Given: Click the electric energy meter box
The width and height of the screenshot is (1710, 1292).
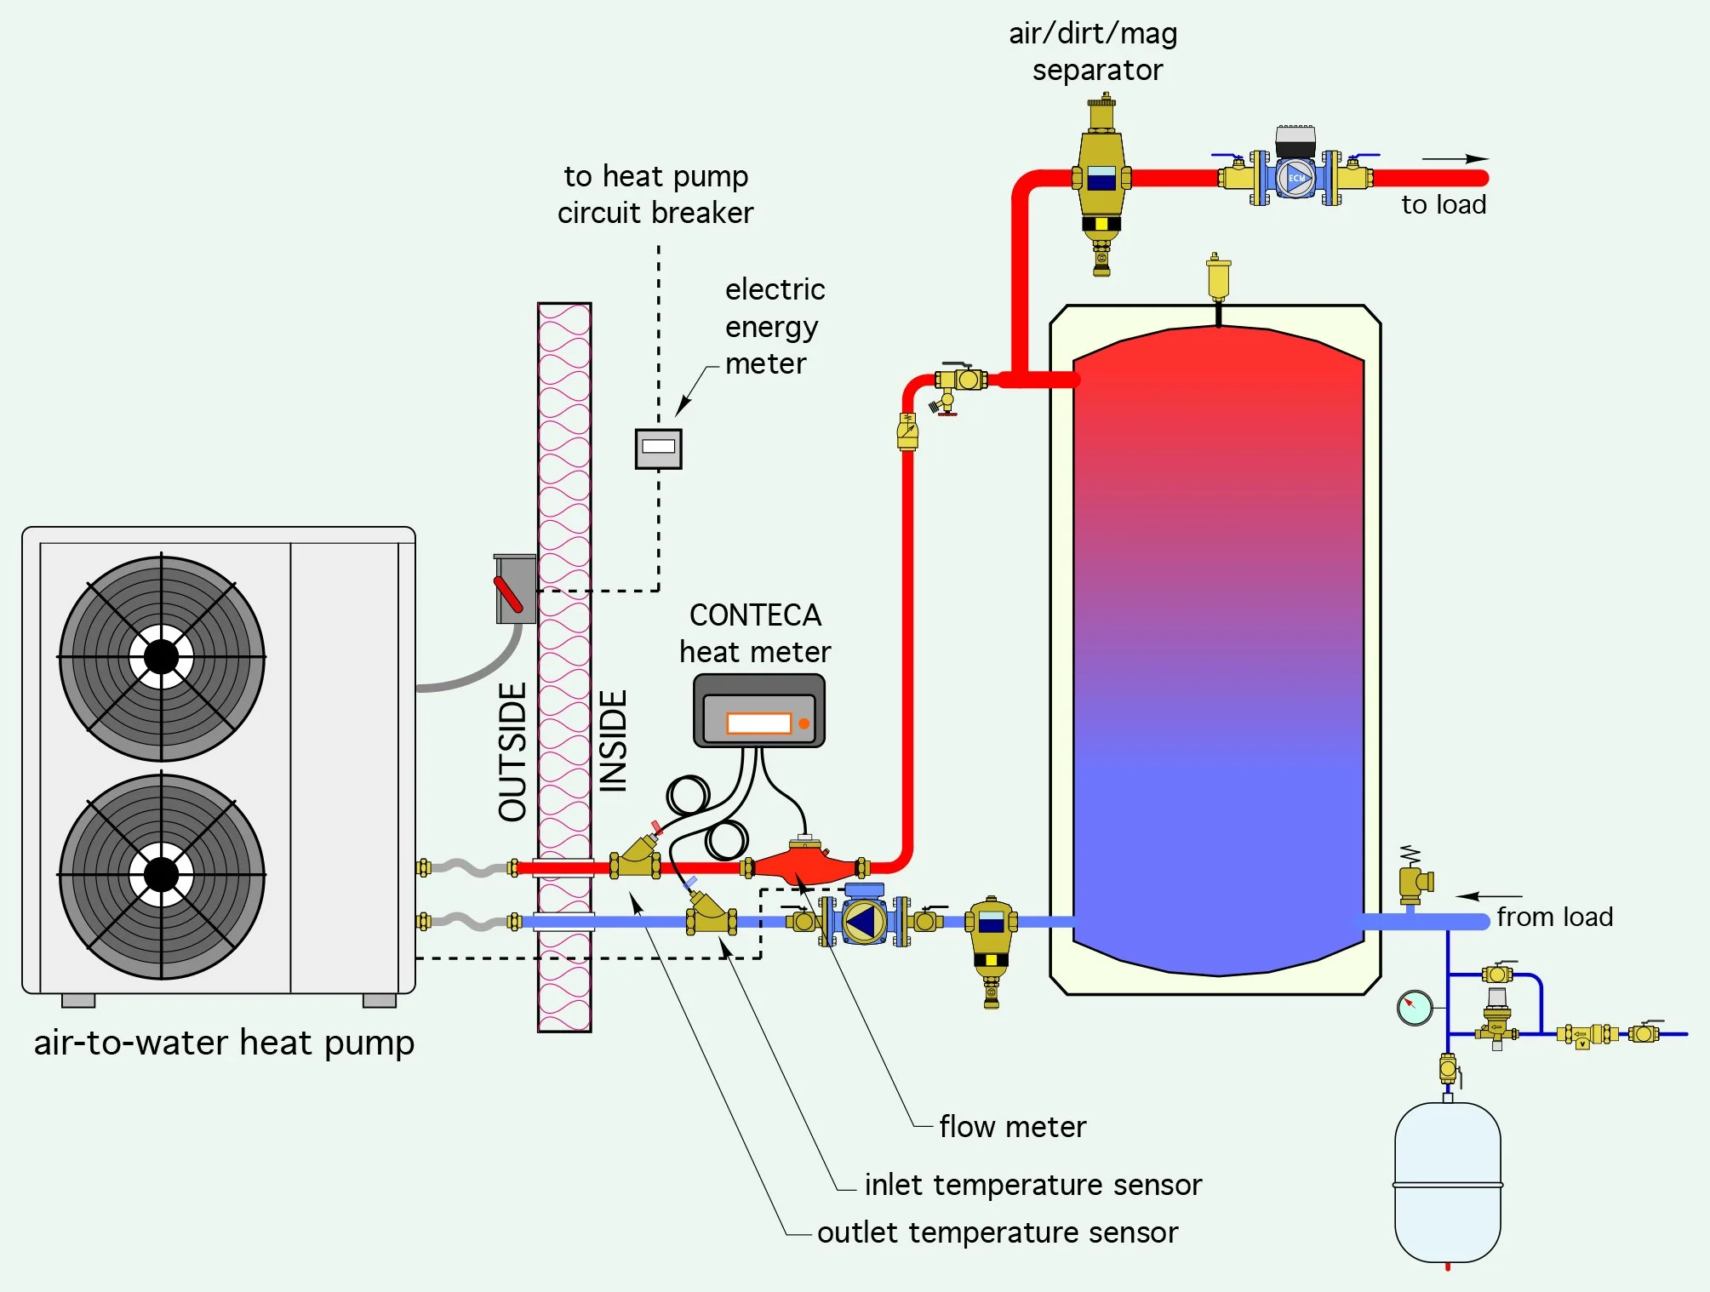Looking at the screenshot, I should click(x=658, y=448).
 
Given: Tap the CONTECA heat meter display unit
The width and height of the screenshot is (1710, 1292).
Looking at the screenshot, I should click(x=758, y=712).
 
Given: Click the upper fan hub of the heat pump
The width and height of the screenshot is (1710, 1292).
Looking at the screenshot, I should click(x=161, y=657).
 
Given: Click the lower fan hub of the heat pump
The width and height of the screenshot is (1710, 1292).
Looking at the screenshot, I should click(x=161, y=874).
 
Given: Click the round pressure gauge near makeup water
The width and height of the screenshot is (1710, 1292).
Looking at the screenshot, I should click(x=1414, y=1008).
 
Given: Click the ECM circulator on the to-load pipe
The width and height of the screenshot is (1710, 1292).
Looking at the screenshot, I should click(x=1295, y=177).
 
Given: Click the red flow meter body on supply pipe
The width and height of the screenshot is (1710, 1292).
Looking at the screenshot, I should click(x=804, y=866).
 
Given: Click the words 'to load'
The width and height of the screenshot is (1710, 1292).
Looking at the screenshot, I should click(x=1443, y=205).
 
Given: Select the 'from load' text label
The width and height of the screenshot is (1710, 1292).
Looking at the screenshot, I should click(x=1554, y=918).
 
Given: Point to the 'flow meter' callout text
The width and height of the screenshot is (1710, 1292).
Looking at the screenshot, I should click(x=1012, y=1127).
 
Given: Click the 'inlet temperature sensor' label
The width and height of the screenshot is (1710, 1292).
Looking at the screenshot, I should click(x=1032, y=1185).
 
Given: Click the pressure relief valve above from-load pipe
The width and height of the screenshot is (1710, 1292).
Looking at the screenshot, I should click(x=1413, y=881).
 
